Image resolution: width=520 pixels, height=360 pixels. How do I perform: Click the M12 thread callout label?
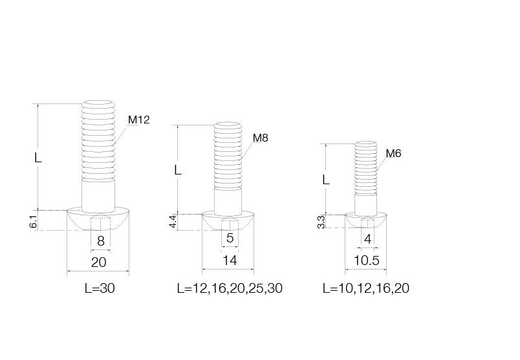click(x=139, y=120)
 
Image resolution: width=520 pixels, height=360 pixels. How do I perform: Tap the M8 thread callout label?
click(x=261, y=138)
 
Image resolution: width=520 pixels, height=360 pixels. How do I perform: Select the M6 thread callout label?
click(x=394, y=153)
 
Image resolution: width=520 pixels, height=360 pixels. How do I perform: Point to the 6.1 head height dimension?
click(x=33, y=221)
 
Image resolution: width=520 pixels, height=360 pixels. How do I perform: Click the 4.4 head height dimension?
click(x=173, y=221)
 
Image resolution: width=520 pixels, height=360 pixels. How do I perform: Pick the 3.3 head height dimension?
click(x=321, y=222)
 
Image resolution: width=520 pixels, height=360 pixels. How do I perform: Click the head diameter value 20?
click(x=98, y=262)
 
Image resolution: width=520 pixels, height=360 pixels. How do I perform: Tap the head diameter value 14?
click(x=230, y=260)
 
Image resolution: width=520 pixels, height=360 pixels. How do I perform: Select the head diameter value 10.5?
click(x=367, y=260)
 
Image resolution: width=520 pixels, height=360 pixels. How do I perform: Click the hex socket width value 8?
click(x=101, y=241)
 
